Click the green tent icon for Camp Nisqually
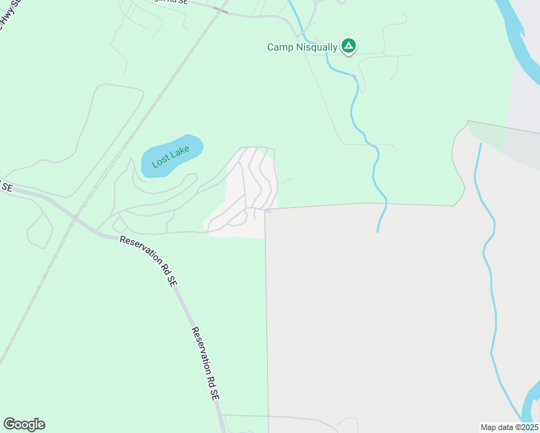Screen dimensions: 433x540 tap(349, 47)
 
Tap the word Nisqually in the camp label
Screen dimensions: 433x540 tap(315, 48)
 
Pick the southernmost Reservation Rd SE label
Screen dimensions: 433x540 tap(206, 364)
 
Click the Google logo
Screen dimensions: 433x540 tap(24, 424)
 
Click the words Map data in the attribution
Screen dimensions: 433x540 tap(497, 427)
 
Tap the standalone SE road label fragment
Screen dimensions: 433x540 tap(7, 188)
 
